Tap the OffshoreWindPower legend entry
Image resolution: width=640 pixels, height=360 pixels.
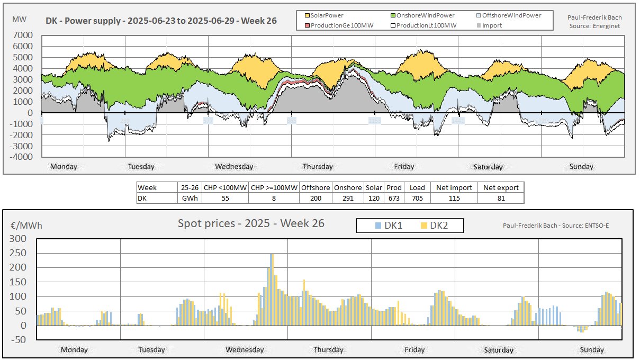[511, 16]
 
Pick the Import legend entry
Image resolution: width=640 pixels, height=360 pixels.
[492, 25]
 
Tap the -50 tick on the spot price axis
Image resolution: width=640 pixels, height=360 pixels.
[20, 340]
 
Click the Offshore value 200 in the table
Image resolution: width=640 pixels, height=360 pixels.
[316, 198]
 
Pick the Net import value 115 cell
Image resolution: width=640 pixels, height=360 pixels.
[454, 198]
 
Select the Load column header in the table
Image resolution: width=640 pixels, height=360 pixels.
[417, 187]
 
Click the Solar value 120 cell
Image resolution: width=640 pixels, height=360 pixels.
[374, 198]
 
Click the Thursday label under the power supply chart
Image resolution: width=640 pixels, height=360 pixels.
[318, 166]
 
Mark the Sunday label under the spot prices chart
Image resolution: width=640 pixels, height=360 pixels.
[591, 349]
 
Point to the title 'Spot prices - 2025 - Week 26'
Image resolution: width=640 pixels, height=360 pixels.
[251, 223]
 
